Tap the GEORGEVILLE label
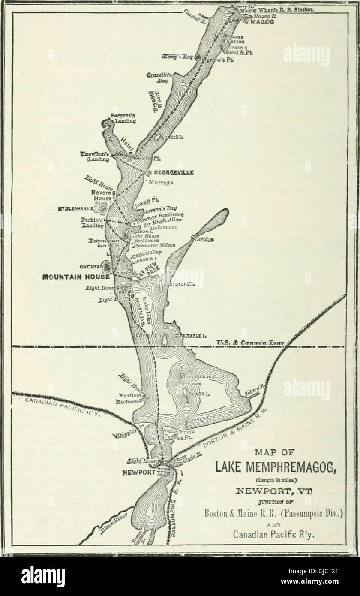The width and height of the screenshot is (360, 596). tap(174, 172)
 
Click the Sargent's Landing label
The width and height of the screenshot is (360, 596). tap(123, 118)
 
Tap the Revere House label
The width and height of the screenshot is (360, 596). tap(101, 196)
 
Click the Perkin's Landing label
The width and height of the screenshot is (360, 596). tap(93, 223)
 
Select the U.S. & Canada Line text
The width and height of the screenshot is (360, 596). tap(251, 342)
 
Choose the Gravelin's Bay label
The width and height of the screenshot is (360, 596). tap(159, 78)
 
